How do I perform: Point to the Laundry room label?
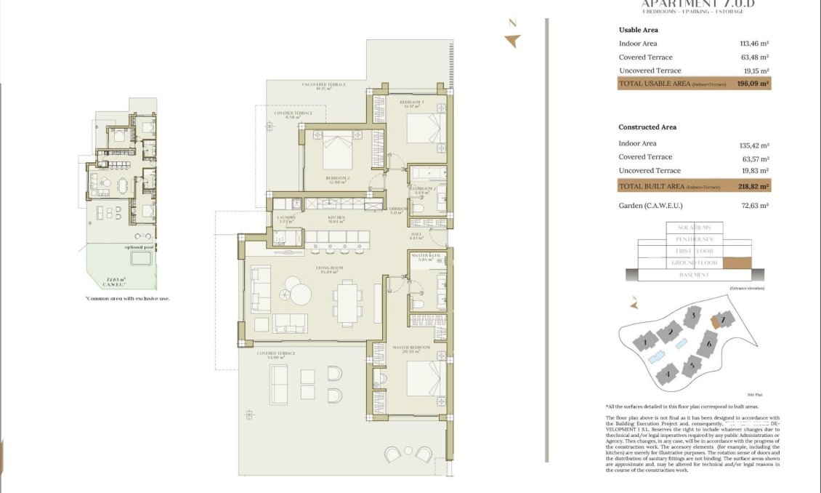285,218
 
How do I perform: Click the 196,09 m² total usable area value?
753,84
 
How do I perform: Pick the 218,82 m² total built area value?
753,186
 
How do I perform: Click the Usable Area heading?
638,30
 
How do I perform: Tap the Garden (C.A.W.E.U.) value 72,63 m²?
753,206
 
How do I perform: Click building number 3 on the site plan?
695,316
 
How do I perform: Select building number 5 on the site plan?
693,366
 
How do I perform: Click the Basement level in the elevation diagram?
694,275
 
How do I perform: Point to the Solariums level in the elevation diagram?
694,228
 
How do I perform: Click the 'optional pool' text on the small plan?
139,247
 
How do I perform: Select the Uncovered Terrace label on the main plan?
324,85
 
